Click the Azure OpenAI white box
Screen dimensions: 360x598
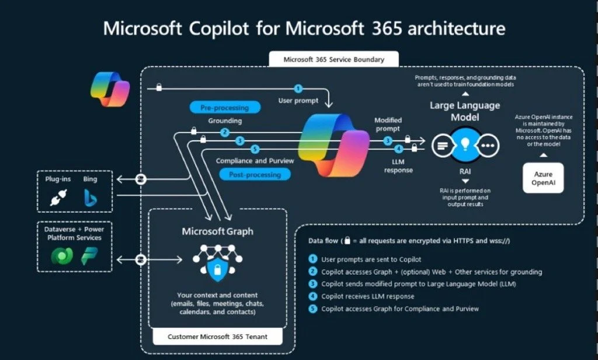click(543, 178)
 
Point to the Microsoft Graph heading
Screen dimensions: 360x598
click(217, 231)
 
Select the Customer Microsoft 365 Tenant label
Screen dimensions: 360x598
click(217, 337)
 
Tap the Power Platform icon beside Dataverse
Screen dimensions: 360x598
click(89, 256)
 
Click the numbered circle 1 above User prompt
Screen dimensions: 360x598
click(298, 89)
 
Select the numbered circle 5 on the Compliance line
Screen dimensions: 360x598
click(255, 149)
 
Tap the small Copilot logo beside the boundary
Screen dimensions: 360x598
click(110, 89)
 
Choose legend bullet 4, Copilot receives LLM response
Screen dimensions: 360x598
click(313, 296)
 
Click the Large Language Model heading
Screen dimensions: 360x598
click(465, 111)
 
